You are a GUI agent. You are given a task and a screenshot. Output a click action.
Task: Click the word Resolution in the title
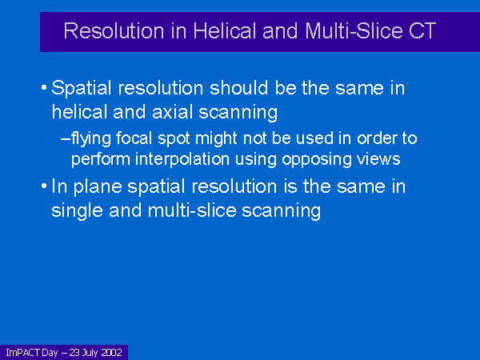(x=114, y=30)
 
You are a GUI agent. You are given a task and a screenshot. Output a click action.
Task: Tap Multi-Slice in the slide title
(x=354, y=30)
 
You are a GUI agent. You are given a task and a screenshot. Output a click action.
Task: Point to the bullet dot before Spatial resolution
(x=44, y=88)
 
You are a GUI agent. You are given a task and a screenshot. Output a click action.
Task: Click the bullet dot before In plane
(x=44, y=186)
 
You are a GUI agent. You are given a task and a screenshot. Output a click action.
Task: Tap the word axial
(x=173, y=112)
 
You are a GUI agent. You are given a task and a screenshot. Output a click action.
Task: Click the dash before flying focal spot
(x=66, y=138)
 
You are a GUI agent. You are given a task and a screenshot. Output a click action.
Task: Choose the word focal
(x=134, y=138)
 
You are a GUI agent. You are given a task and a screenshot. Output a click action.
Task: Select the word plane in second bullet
(x=98, y=187)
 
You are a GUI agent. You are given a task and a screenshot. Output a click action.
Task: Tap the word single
(x=77, y=211)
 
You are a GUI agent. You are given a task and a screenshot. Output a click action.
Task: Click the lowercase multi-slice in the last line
(x=192, y=210)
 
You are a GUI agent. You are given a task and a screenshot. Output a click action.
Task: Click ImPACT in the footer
(x=23, y=353)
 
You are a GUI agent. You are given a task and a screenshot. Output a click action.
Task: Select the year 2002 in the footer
(x=112, y=353)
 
